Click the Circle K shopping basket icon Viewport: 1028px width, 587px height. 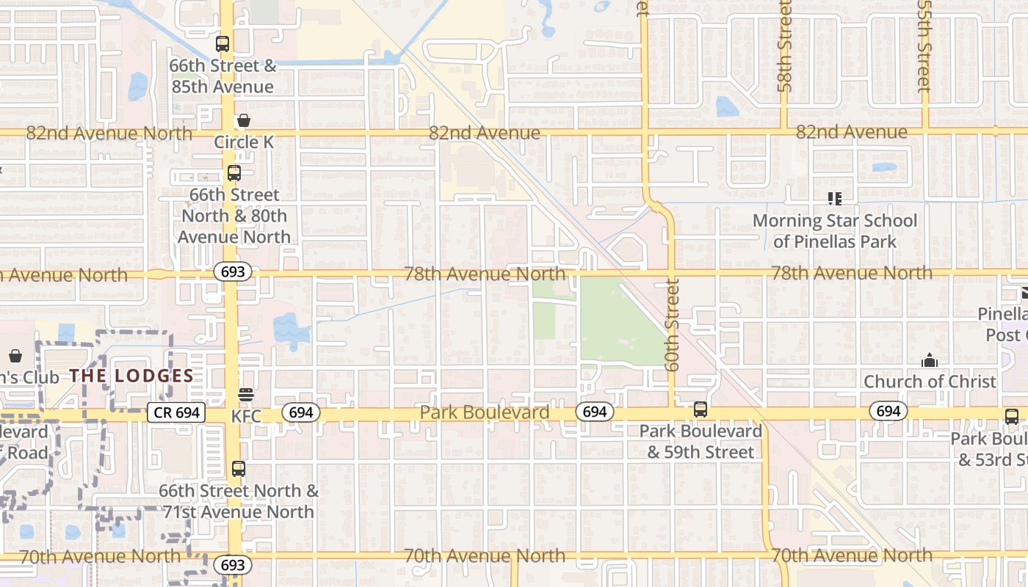click(243, 120)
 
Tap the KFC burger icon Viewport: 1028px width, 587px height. click(246, 395)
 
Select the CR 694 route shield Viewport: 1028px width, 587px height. click(177, 412)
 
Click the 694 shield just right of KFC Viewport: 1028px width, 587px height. click(301, 412)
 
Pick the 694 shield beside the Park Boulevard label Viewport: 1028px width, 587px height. click(594, 412)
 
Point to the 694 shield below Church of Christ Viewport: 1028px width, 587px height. click(888, 411)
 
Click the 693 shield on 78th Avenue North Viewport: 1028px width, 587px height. click(233, 272)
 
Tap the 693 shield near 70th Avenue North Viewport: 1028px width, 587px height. click(233, 564)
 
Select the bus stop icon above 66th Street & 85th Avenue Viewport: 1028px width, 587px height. click(222, 44)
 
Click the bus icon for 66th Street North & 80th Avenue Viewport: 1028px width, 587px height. click(234, 173)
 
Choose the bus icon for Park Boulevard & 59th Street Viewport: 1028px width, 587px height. click(701, 409)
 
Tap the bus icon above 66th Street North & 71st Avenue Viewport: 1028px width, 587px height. click(239, 468)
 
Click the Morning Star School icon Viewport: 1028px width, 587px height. click(834, 198)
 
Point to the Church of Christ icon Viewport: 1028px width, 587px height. click(930, 360)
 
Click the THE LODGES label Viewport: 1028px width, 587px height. click(131, 376)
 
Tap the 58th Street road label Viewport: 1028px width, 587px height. click(784, 46)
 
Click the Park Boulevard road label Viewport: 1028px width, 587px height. click(485, 412)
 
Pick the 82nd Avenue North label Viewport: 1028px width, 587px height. click(109, 134)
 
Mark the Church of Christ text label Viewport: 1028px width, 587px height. click(930, 382)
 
